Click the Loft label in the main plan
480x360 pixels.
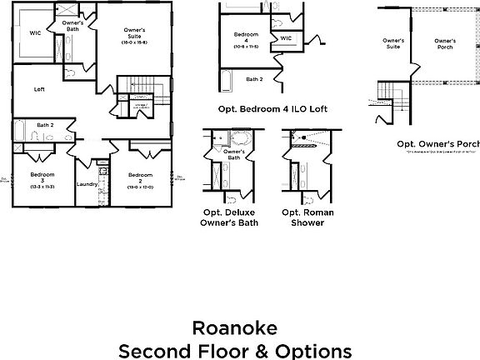(39, 89)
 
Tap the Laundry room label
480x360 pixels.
(87, 184)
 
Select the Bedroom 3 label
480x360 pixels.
(42, 180)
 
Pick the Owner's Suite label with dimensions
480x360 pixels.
(133, 36)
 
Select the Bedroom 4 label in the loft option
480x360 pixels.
(242, 38)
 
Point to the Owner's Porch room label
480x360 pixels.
(446, 44)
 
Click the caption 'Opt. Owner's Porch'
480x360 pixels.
(436, 143)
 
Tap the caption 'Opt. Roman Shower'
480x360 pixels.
(307, 217)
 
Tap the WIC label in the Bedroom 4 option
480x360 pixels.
(285, 37)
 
